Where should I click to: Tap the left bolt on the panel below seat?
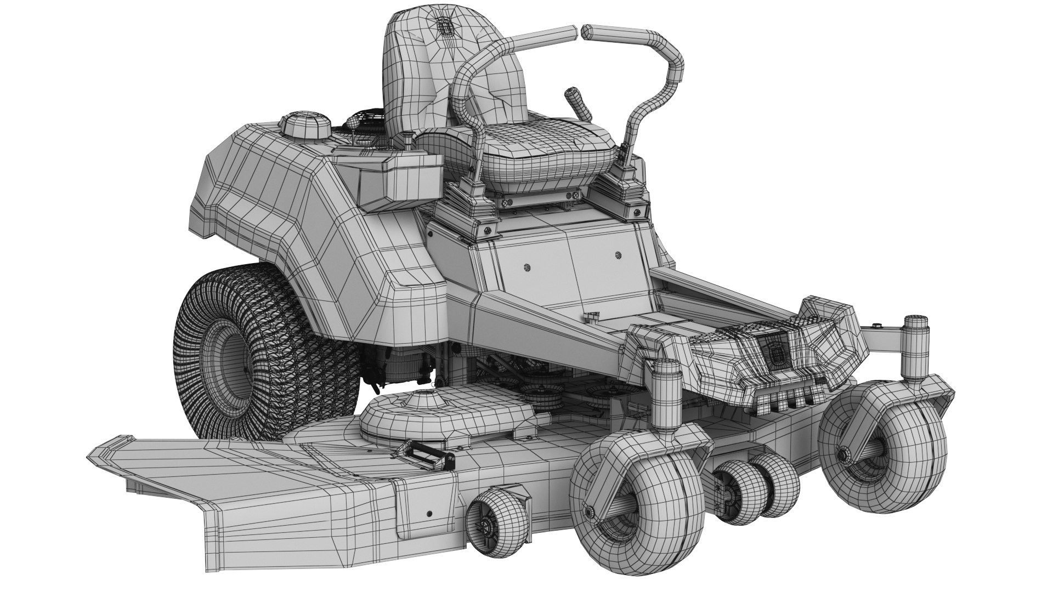pyautogui.click(x=527, y=267)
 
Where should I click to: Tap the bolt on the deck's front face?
pyautogui.click(x=429, y=513)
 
